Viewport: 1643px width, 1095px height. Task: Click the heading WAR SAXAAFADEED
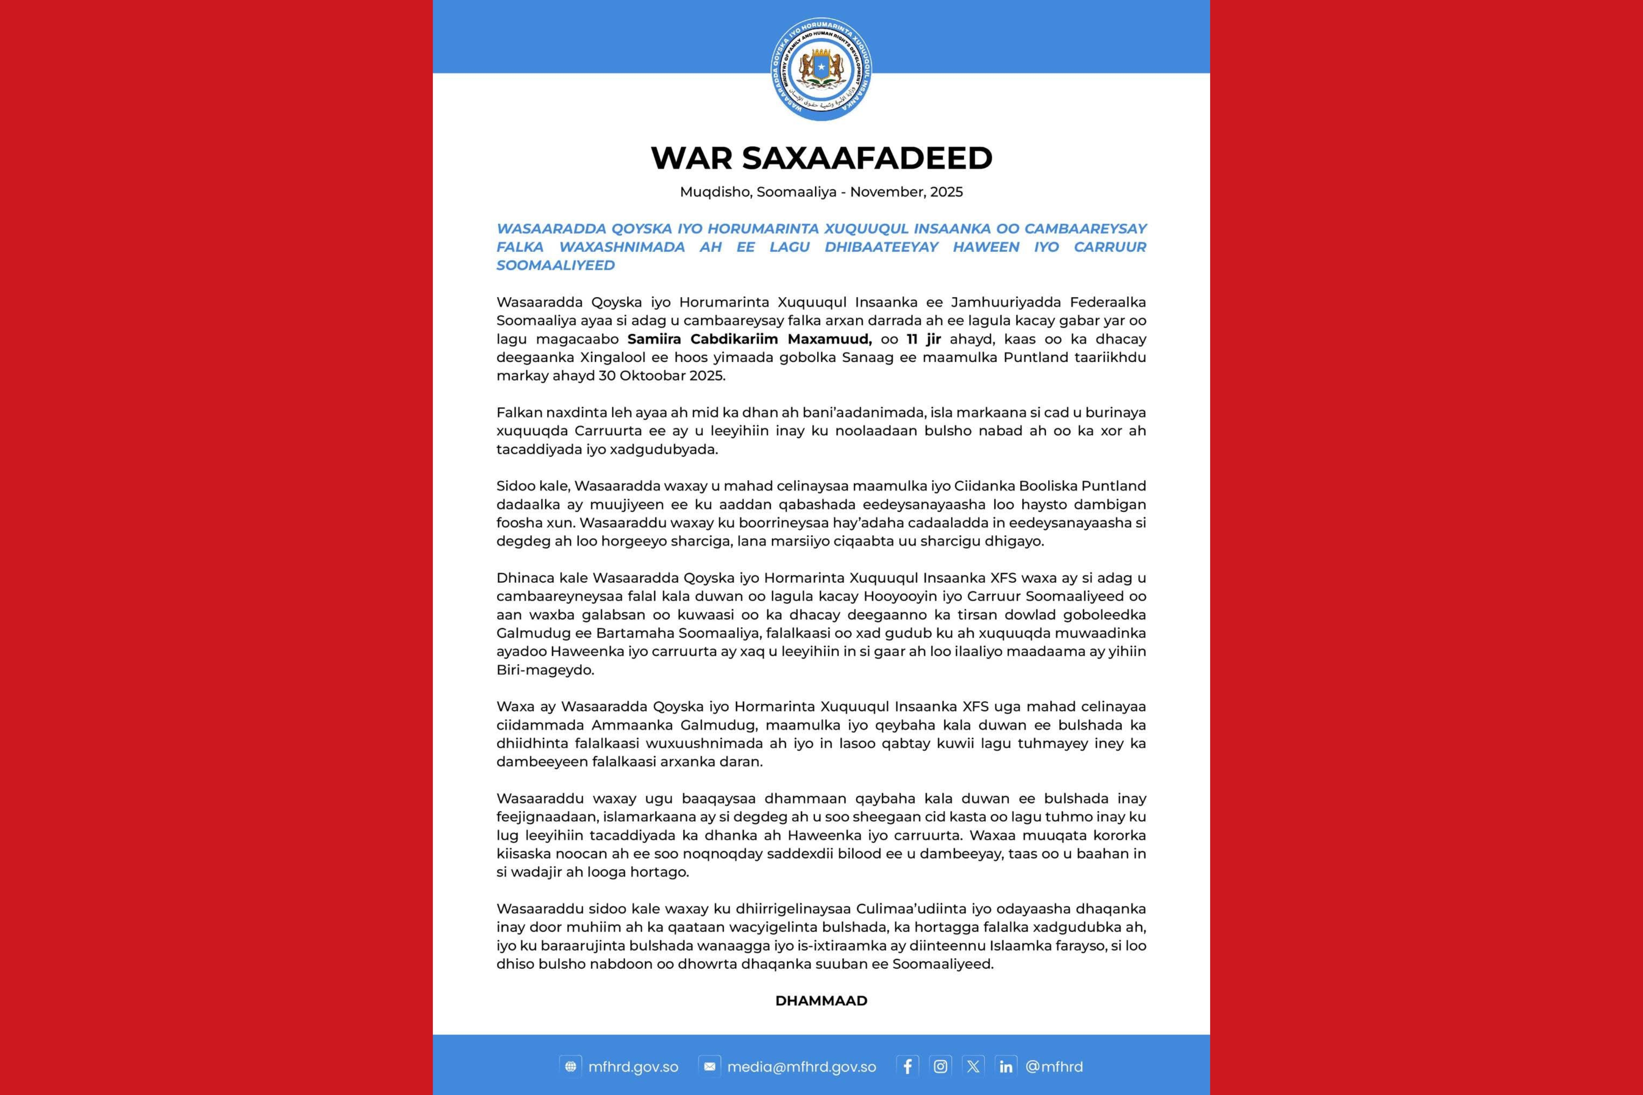821,158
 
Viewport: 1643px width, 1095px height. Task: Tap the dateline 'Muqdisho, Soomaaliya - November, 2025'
821,192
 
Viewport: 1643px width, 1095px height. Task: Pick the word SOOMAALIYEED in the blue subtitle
556,266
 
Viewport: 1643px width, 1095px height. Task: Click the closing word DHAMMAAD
821,1001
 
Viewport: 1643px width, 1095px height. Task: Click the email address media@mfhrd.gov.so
801,1067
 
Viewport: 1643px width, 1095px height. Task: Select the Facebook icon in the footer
907,1067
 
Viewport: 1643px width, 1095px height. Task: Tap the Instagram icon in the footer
941,1067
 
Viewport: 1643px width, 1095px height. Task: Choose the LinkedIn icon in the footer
1006,1067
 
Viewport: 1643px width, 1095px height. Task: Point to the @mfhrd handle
1055,1067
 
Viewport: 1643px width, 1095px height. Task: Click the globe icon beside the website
570,1067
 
